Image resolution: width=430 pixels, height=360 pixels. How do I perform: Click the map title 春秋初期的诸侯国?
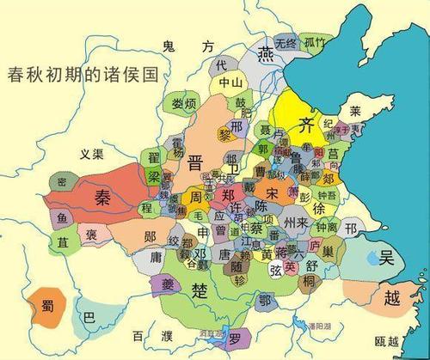click(x=83, y=73)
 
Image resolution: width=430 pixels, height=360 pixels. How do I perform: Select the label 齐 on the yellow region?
click(x=304, y=123)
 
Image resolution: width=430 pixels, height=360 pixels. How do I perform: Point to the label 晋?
click(x=196, y=162)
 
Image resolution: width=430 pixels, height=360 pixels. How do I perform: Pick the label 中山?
click(x=230, y=82)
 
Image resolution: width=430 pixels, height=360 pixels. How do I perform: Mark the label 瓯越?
click(x=388, y=341)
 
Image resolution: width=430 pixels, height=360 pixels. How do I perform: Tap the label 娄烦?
click(x=185, y=104)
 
